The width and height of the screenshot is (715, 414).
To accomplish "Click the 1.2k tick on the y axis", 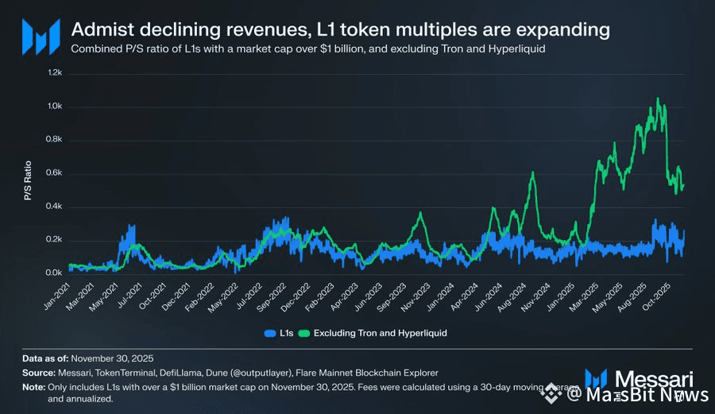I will tap(54, 73).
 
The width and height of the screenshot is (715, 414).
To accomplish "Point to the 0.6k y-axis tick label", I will tap(54, 173).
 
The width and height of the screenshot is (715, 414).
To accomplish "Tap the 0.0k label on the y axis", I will tap(54, 273).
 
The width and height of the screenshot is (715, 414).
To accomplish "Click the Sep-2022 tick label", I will tap(271, 296).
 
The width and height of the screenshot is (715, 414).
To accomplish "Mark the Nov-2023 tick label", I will tap(416, 296).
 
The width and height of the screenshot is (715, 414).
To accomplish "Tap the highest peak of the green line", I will tap(658, 99).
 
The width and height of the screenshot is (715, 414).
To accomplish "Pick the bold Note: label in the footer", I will tap(34, 387).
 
